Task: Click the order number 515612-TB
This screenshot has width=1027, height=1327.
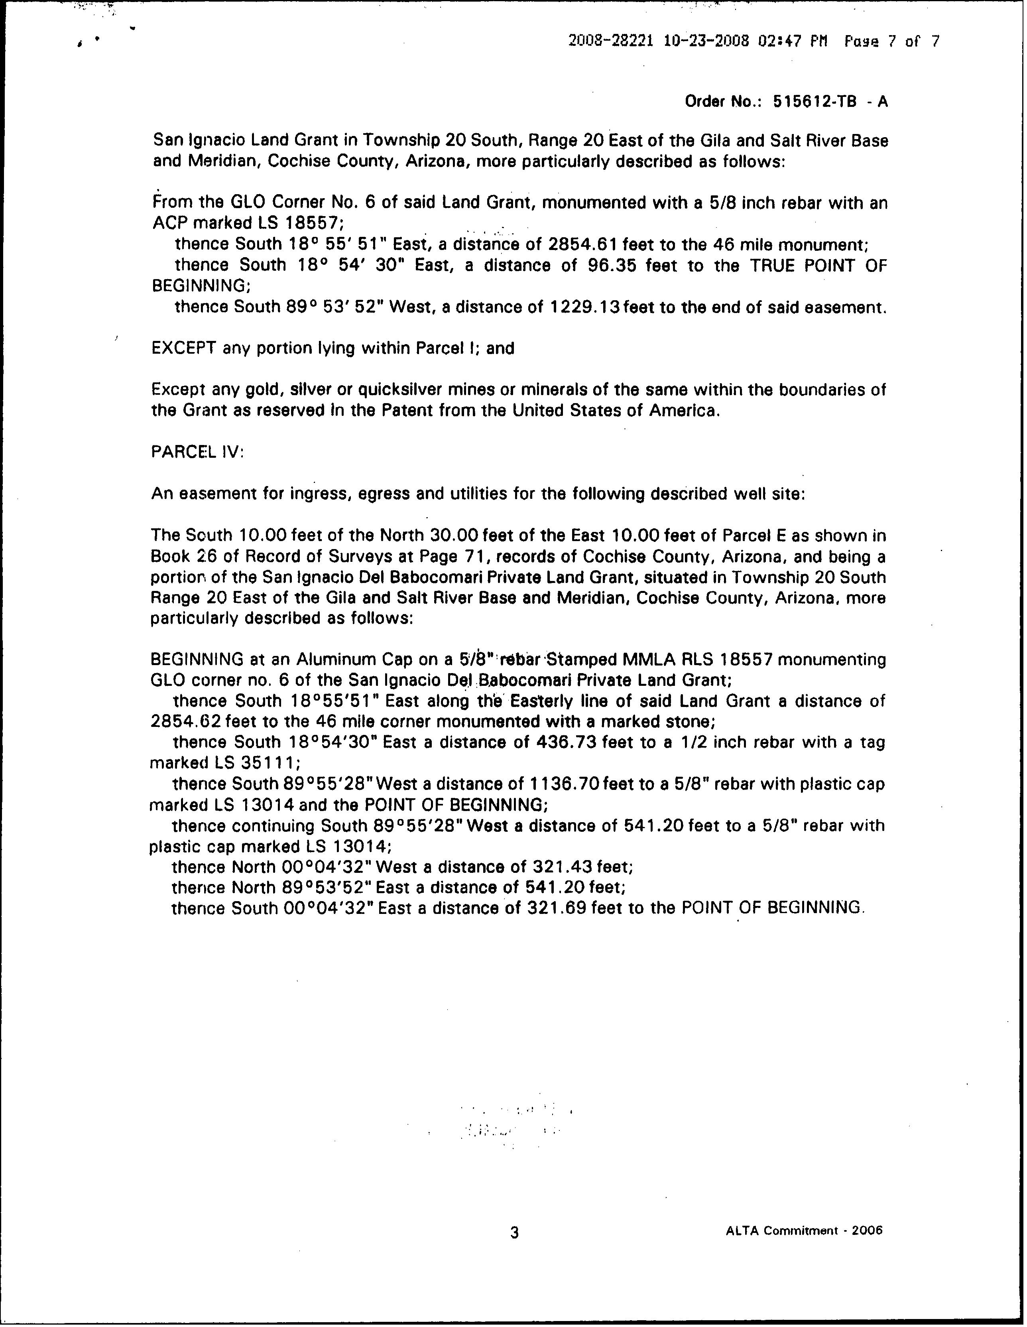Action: point(815,101)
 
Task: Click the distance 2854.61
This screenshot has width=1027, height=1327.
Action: point(586,244)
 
